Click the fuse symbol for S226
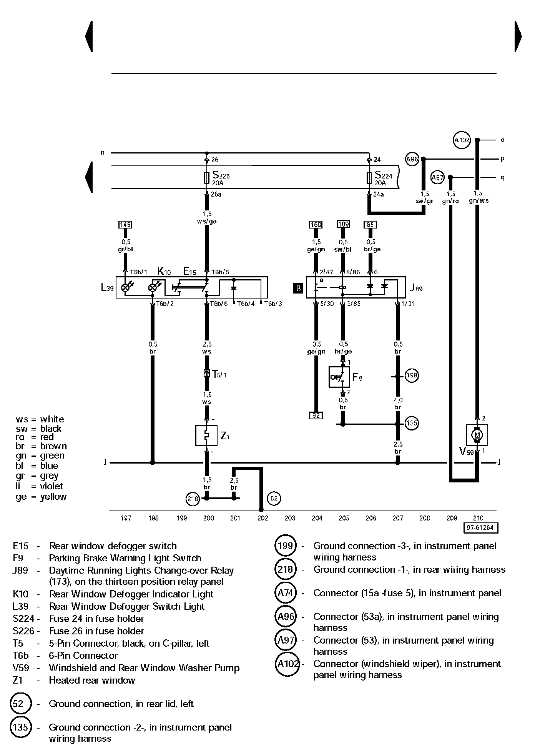tap(207, 177)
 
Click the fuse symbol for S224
tap(369, 177)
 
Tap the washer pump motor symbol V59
tap(477, 435)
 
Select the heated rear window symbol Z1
tap(206, 435)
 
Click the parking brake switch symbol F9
tap(339, 377)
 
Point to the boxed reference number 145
tap(125, 225)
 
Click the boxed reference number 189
tap(343, 224)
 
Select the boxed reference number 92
tap(316, 415)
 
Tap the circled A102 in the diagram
tap(462, 140)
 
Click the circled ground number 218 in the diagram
tap(193, 499)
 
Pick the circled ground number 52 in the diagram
tap(274, 499)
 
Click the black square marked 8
tap(298, 288)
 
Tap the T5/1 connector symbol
tap(206, 373)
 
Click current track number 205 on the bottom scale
tap(344, 518)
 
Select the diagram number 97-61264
tap(480, 528)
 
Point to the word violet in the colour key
tap(52, 486)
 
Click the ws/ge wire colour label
tap(207, 222)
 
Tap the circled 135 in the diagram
tap(412, 424)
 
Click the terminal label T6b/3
tap(273, 304)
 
